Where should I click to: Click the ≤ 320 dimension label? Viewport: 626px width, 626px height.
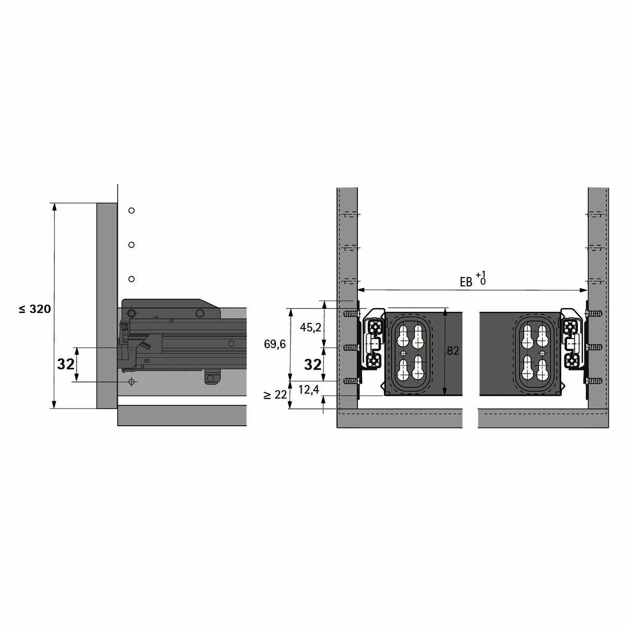point(35,309)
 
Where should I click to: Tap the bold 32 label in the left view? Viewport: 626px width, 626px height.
point(66,364)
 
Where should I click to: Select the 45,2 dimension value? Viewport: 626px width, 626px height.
point(310,328)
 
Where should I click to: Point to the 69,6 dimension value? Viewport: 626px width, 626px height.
point(275,344)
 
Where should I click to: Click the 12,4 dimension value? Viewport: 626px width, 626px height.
point(309,390)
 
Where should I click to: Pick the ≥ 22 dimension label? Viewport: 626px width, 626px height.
point(276,395)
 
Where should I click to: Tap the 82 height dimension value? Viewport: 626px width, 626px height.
point(453,351)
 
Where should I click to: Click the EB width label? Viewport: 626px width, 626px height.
point(466,282)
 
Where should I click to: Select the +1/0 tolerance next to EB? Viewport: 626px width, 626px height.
point(481,279)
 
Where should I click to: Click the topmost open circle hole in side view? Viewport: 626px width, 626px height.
point(131,211)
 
